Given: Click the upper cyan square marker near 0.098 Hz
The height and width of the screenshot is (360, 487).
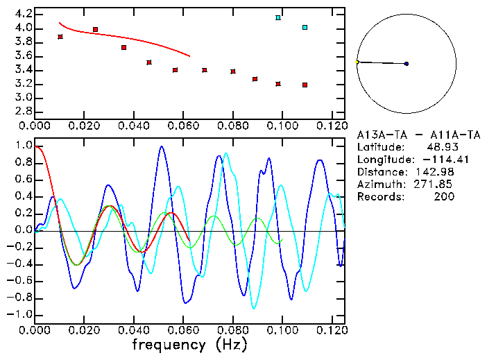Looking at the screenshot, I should tap(278, 17).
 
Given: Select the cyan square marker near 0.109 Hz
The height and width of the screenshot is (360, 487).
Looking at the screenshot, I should tap(305, 28).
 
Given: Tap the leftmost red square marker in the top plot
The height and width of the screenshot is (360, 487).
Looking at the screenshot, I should tap(60, 37).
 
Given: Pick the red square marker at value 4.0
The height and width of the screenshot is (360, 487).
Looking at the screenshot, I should tap(96, 30).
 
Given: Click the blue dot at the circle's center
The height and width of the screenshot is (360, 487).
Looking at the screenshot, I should tap(407, 64).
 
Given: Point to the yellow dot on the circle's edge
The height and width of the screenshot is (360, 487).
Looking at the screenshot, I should tap(357, 62).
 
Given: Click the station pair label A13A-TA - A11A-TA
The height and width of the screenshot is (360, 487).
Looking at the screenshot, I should tap(407, 135).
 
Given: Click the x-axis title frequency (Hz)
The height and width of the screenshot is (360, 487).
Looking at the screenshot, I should tap(189, 344).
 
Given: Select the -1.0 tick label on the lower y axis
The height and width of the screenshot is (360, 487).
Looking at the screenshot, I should tap(20, 314).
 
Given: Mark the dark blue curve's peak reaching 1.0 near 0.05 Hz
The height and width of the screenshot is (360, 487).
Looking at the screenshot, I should tap(162, 146).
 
